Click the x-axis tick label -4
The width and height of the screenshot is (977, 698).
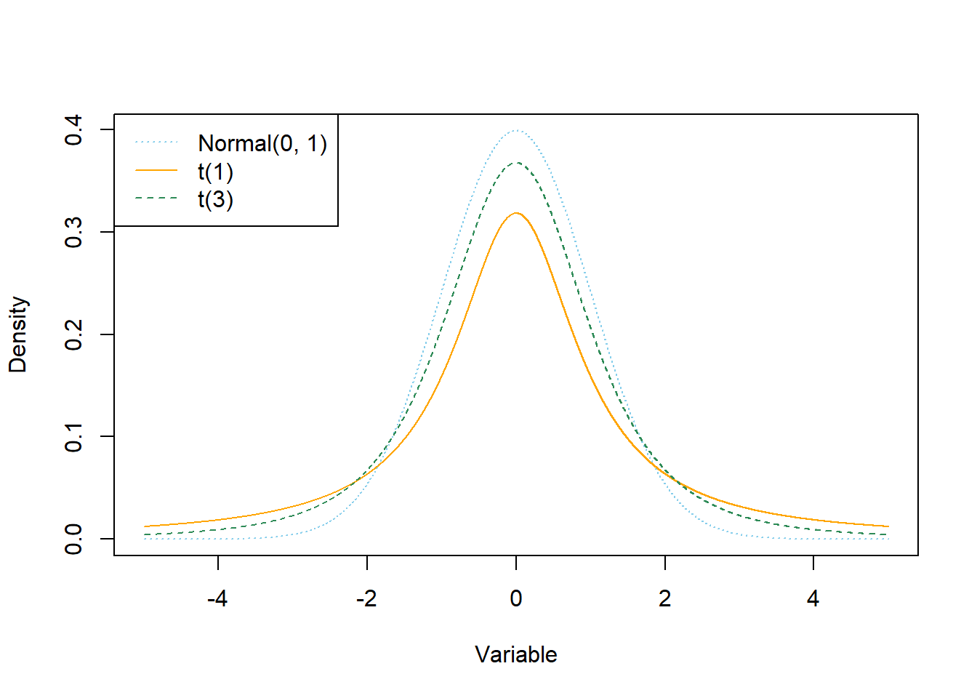coord(217,598)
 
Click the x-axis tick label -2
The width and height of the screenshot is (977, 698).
coord(366,598)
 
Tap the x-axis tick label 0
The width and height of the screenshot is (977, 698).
coord(516,598)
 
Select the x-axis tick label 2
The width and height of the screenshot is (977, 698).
coord(664,598)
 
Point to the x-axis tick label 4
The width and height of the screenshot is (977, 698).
coord(813,598)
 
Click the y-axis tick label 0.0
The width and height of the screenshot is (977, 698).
coord(73,539)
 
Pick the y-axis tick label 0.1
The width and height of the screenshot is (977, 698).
coord(73,436)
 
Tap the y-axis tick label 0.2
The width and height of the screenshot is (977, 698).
coord(73,334)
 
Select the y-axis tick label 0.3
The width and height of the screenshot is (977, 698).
coord(73,232)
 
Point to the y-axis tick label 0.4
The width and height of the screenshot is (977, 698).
coord(73,130)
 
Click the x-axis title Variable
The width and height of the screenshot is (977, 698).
coord(516,654)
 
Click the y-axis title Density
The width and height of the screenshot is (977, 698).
coord(17,334)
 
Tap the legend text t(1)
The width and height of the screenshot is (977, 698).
coord(215,172)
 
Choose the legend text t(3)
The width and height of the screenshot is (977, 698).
coord(215,199)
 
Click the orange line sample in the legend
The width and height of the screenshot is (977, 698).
coord(156,171)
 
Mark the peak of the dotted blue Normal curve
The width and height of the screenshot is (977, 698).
coord(516,131)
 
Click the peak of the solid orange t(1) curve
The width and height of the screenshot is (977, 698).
coord(516,213)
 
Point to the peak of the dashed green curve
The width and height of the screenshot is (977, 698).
coord(516,163)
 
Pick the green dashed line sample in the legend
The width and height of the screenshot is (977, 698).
coord(156,198)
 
